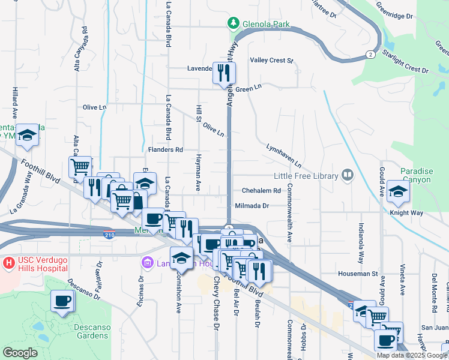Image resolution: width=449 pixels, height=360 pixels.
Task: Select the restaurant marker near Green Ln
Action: pyautogui.click(x=224, y=74)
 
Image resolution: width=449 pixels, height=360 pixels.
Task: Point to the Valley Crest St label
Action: pyautogui.click(x=271, y=61)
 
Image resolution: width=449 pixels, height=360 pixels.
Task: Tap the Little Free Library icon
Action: pyautogui.click(x=347, y=175)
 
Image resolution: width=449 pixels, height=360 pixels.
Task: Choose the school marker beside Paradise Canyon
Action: pyautogui.click(x=398, y=191)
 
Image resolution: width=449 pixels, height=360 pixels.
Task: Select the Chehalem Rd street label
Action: pyautogui.click(x=261, y=191)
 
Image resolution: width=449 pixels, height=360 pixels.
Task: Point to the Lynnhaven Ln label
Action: pyautogui.click(x=283, y=155)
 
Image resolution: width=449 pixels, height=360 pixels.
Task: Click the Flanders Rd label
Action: pyautogui.click(x=165, y=149)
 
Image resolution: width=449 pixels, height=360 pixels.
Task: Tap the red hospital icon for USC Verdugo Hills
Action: pyautogui.click(x=9, y=263)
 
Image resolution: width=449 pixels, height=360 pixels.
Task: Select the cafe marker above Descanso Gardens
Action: pyautogui.click(x=62, y=301)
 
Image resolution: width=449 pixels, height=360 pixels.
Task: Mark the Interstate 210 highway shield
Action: pyautogui.click(x=109, y=233)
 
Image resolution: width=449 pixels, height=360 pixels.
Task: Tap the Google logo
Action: pyautogui.click(x=20, y=353)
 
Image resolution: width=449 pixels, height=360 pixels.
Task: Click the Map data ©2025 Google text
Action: pyautogui.click(x=412, y=355)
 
